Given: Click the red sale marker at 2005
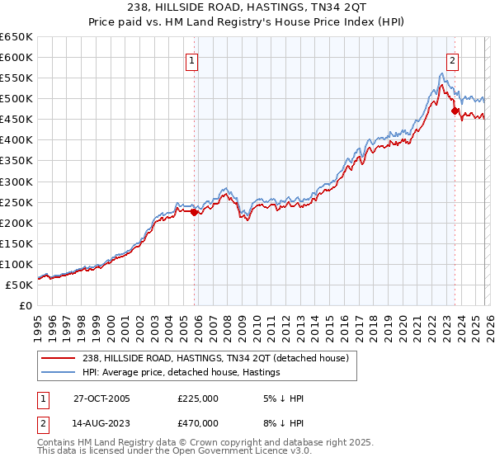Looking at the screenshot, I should pyautogui.click(x=194, y=212).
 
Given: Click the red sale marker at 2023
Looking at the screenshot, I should pyautogui.click(x=455, y=111).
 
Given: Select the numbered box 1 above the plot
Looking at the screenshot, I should pyautogui.click(x=191, y=59).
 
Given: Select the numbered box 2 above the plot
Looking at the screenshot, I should pyautogui.click(x=453, y=59).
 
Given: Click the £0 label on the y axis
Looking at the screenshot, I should pyautogui.click(x=25, y=306).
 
